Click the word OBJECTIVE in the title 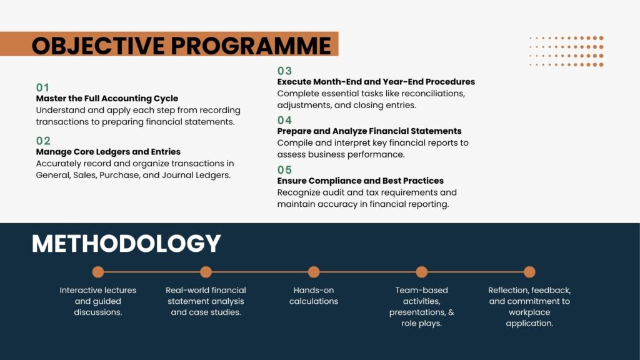pos(98,45)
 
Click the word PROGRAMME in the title pos(251,45)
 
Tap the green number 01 pos(42,87)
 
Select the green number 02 pos(43,141)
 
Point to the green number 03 pos(284,71)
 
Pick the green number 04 pos(284,121)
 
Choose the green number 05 pos(284,170)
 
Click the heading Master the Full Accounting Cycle pos(107,98)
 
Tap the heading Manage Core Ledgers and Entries pos(108,152)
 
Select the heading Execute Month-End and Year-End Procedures pos(376,82)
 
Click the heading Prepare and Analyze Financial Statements pos(369,131)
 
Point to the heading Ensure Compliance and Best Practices pos(361,181)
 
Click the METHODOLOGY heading pos(126,244)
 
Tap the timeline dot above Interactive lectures pos(98,272)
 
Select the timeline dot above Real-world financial pos(206,272)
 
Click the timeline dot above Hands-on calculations pos(314,272)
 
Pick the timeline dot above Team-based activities pos(422,272)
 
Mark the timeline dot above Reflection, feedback pos(529,272)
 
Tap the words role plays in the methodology pos(422,323)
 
